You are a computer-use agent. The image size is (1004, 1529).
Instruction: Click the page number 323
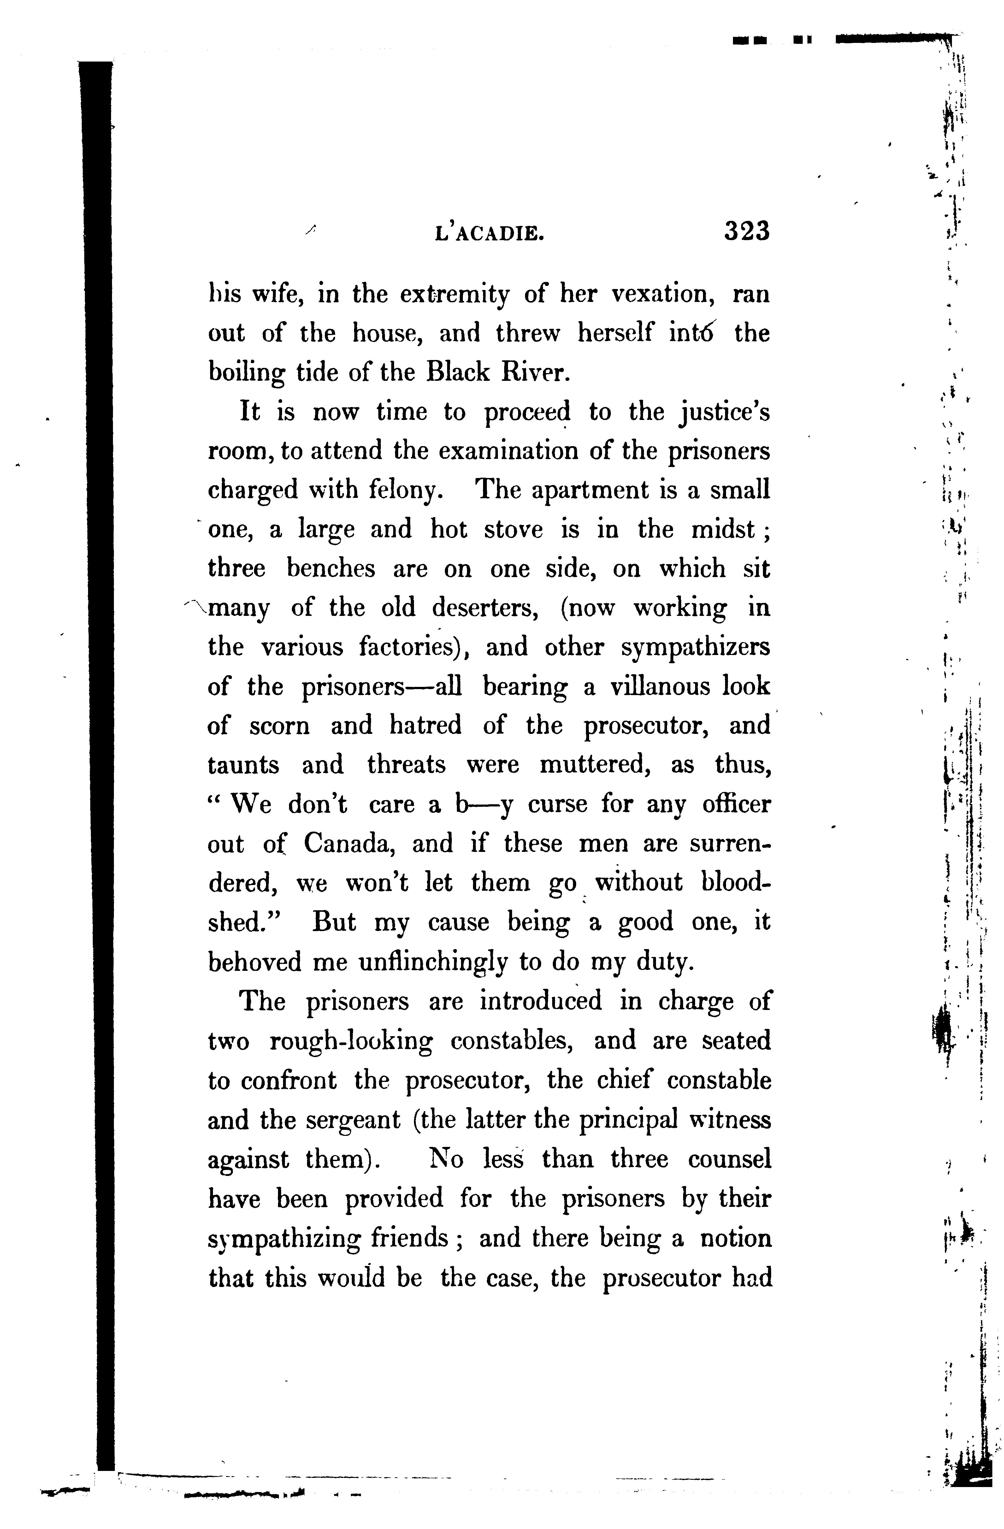tap(747, 231)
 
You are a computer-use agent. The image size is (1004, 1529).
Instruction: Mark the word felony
tap(405, 491)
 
